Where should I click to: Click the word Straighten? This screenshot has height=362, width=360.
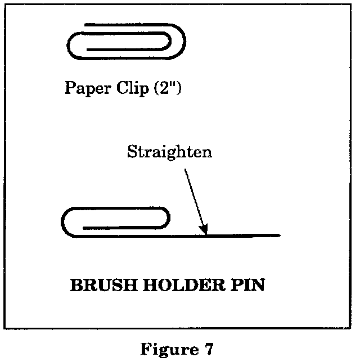click(169, 153)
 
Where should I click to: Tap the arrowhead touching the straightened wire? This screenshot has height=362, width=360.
click(205, 229)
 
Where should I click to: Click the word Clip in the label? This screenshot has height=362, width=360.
click(132, 88)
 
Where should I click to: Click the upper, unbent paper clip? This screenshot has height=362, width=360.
click(127, 42)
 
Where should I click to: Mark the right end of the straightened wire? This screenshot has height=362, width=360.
click(279, 234)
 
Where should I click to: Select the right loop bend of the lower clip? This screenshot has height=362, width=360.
click(168, 219)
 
